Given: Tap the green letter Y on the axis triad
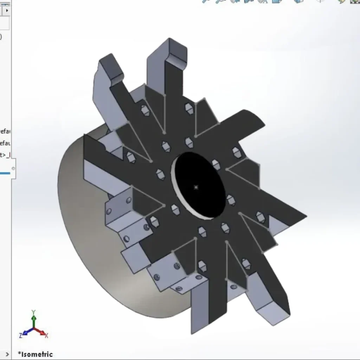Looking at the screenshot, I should pos(33,312).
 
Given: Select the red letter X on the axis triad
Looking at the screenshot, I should pos(46,335).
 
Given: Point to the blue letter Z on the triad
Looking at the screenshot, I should pos(21,335).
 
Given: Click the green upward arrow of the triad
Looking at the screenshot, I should pos(34,320).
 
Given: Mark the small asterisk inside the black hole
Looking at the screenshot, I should pos(196,187).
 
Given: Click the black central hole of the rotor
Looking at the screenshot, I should pos(200,179).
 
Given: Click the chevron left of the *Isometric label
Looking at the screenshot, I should pos(7,354).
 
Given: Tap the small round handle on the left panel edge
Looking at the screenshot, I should pos(13,168).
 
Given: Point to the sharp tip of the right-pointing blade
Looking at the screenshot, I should pos(305,216).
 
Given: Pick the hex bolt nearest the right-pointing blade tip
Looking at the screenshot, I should pos(261,217).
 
